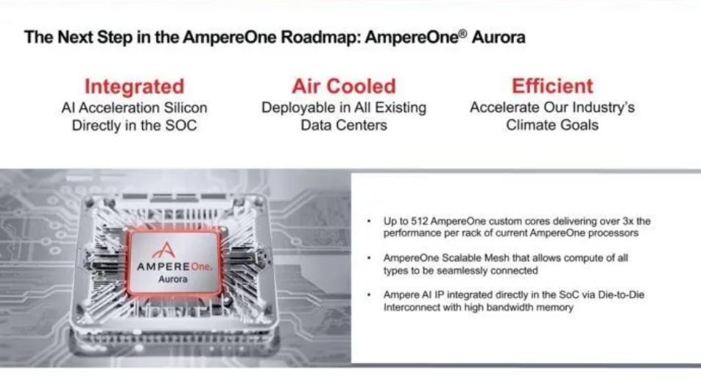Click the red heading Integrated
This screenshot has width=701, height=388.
(134, 86)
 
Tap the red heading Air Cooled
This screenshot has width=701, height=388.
(344, 86)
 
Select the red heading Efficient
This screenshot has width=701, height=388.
(552, 86)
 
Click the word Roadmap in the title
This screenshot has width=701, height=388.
(319, 37)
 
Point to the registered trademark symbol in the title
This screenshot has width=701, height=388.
(463, 32)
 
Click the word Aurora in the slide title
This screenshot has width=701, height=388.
(499, 37)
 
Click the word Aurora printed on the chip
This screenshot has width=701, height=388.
(173, 279)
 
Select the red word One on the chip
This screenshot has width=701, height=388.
(200, 267)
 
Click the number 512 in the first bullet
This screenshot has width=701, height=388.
(420, 222)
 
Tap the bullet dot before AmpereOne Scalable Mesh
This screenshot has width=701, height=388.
(369, 258)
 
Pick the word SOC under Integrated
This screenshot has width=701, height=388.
(181, 126)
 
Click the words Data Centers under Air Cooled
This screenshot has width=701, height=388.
(344, 125)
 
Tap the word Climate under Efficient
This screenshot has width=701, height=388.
(528, 125)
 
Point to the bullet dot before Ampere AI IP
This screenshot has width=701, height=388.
(369, 294)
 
